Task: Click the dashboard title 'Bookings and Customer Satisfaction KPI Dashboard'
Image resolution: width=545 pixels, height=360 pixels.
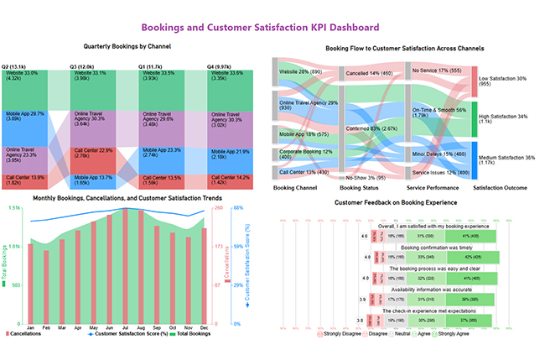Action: pyautogui.click(x=272, y=27)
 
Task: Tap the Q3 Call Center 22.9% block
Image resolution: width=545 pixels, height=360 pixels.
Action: pyautogui.click(x=93, y=160)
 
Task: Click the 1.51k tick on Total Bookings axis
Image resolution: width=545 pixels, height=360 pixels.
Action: pyautogui.click(x=14, y=209)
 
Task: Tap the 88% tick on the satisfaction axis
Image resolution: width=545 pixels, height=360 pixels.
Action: pyautogui.click(x=239, y=208)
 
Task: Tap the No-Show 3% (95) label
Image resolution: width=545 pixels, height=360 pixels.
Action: pyautogui.click(x=366, y=177)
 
